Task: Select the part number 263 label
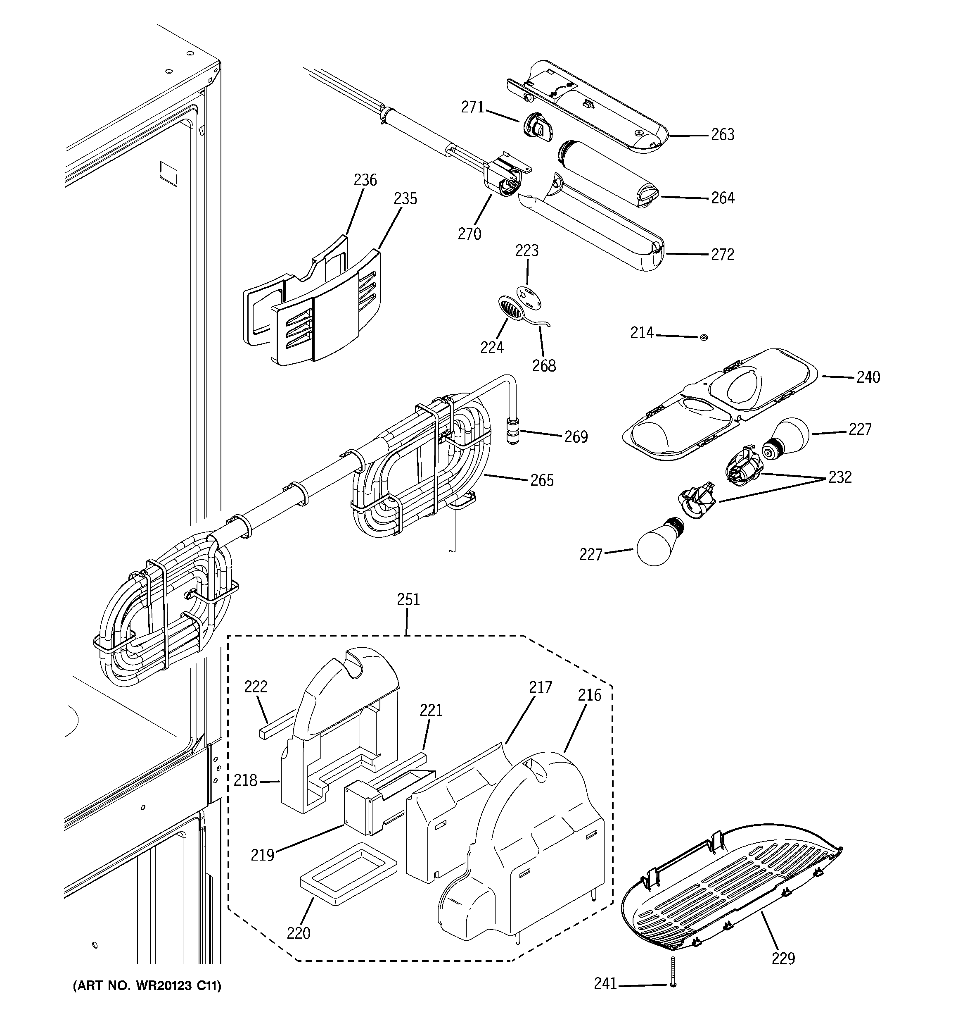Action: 723,135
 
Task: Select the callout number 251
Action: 408,599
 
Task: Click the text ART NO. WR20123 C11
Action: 147,985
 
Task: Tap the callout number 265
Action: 542,480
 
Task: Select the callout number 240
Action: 868,377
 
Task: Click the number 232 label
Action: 840,477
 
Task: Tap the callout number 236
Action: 365,180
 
